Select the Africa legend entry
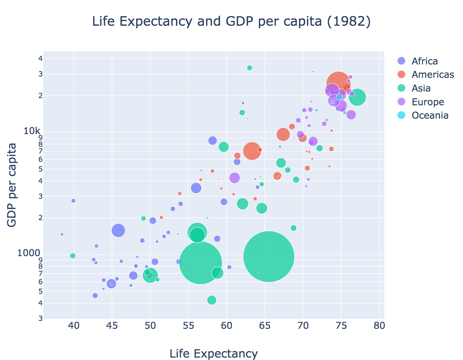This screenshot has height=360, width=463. point(425,61)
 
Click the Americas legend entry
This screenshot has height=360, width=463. point(433,74)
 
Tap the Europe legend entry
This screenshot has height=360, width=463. point(428,102)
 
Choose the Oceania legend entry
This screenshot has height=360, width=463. point(430,115)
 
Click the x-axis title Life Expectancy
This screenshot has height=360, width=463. point(214,353)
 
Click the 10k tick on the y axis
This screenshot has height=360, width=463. point(33,131)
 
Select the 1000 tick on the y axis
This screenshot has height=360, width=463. point(30,253)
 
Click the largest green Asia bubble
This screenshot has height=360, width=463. point(269,256)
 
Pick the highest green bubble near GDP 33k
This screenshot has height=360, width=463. point(250,68)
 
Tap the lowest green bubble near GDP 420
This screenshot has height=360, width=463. point(212,300)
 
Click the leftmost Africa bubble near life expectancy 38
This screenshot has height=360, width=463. point(62,235)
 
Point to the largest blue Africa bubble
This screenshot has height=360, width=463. point(118,230)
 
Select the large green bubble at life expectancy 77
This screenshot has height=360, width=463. point(357,97)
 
